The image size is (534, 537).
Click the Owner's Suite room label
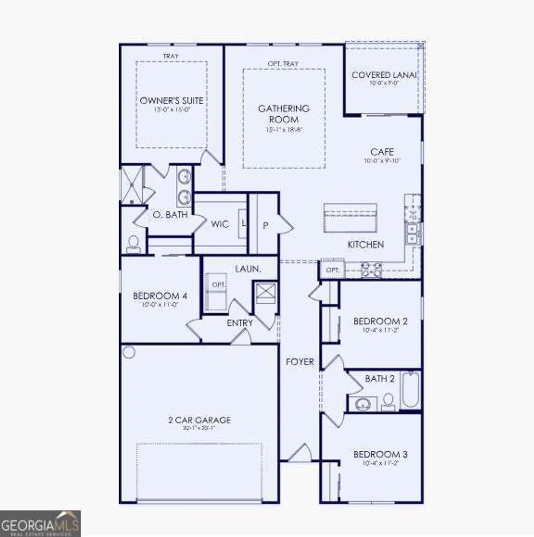171,101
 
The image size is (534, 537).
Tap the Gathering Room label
283,113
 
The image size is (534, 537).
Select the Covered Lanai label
384,75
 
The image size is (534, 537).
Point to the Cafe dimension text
382,161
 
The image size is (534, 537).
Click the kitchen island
350,218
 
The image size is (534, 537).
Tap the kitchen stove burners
371,270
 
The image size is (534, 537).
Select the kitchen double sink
413,233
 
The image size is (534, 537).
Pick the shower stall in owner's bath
132,185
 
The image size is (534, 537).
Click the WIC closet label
220,224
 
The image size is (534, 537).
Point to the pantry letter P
266,226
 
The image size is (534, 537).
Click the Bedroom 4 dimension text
160,305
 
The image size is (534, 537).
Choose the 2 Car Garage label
200,420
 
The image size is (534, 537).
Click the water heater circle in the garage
129,352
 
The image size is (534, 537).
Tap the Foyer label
300,362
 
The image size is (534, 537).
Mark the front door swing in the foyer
300,454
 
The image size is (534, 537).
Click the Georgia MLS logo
40,525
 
